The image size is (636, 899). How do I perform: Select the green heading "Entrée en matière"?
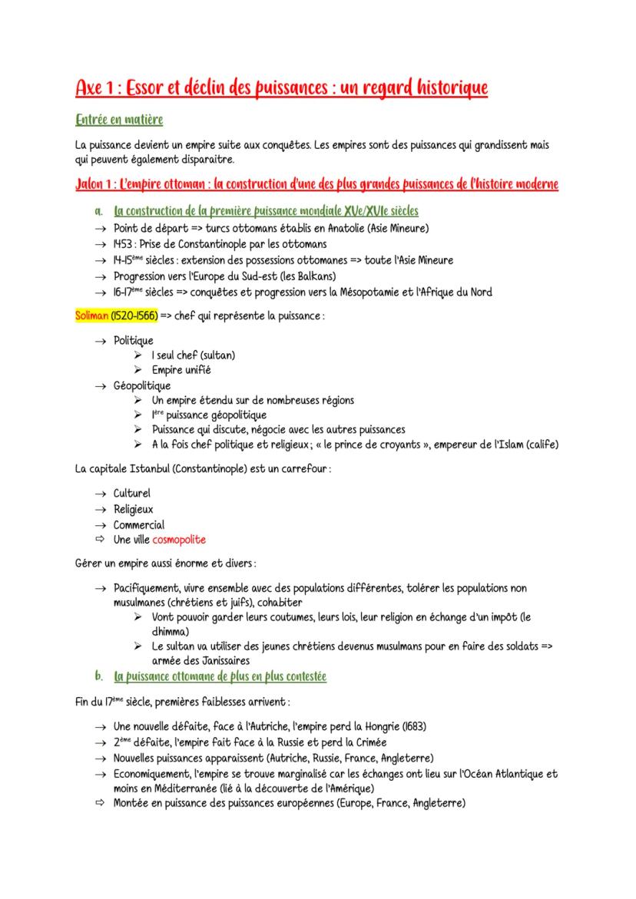(119, 121)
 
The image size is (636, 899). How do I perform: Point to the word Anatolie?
(353, 228)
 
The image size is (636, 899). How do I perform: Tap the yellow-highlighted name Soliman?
(93, 316)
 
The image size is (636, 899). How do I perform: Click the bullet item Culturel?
(132, 493)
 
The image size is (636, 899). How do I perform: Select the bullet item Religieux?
(134, 509)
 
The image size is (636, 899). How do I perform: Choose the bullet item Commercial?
(139, 525)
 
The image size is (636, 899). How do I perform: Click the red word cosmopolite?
(179, 540)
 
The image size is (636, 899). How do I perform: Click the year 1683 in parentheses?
(411, 726)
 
